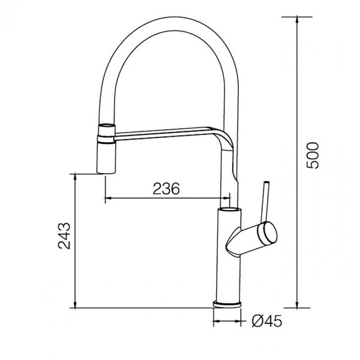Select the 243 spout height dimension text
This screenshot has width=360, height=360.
click(65, 236)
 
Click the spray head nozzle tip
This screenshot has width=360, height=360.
click(105, 171)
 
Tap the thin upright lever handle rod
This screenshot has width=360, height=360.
click(264, 201)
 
